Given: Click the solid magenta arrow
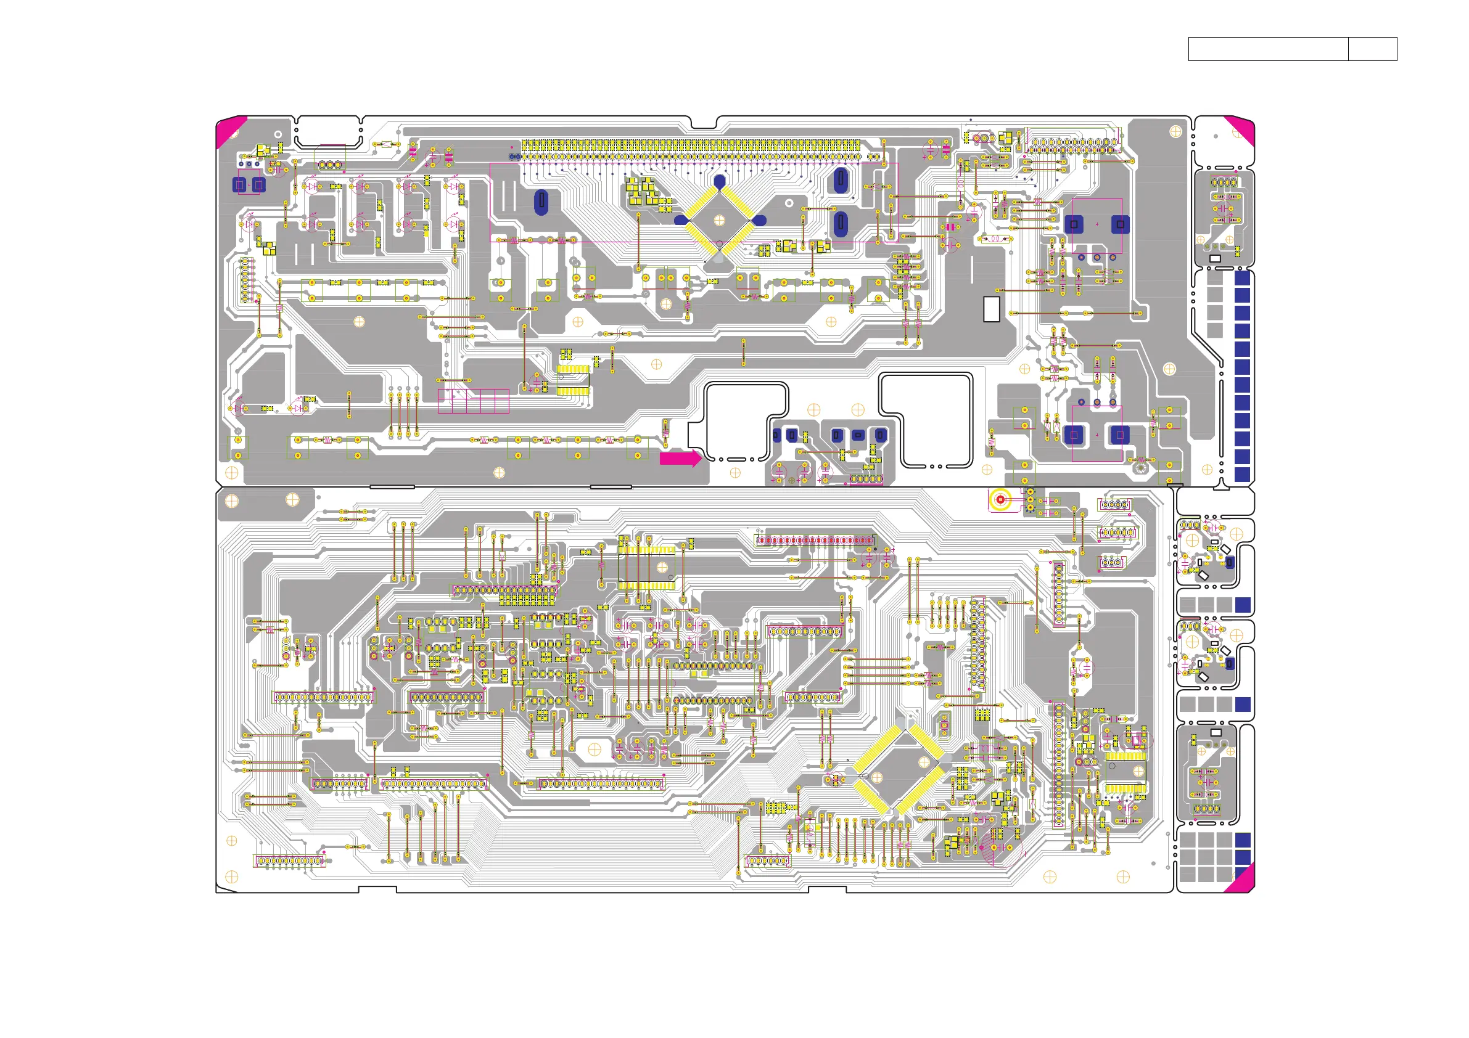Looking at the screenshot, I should pos(680,458).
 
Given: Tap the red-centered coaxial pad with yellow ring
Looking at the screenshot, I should pos(1000,499).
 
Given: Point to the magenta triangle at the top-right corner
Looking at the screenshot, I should pos(1241,129).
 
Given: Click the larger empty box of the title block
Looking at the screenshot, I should pos(1267,49).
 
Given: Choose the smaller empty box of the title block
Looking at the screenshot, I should pos(1372,49).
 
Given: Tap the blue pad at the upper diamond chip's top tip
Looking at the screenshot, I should pos(720,182).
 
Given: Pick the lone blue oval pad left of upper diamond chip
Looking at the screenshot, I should pos(541,202).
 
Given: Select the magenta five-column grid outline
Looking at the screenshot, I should pos(474,401).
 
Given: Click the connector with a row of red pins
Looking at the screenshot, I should pos(815,541).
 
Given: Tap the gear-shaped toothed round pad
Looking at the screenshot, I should pos(1140,468).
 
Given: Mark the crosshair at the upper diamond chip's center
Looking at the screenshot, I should pos(719,220).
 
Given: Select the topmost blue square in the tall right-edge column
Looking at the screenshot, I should pos(1242,277).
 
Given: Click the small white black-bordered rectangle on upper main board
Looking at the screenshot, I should pos(991,309).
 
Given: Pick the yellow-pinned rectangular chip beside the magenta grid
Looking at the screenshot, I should pos(573,380).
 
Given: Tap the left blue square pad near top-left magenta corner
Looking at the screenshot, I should pos(240,185).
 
